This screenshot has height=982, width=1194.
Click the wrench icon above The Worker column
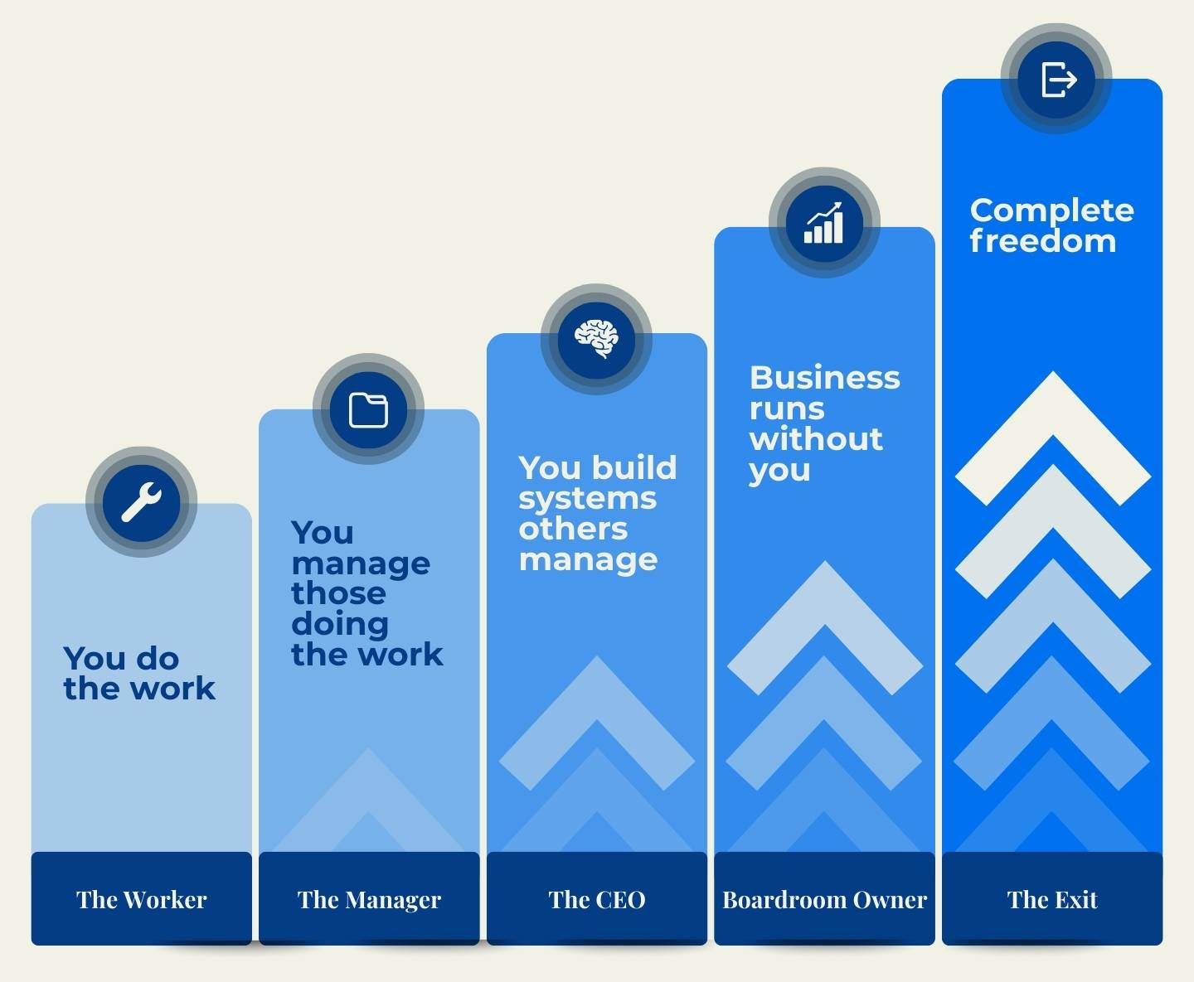(141, 501)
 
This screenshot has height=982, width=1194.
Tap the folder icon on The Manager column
(368, 409)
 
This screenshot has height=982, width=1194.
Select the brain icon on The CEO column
(596, 338)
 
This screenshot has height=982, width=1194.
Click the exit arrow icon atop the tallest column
(1059, 80)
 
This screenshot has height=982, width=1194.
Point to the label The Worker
(142, 899)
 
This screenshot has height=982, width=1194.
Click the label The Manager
(369, 900)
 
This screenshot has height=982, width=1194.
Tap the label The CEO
(597, 899)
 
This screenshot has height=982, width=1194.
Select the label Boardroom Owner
(824, 899)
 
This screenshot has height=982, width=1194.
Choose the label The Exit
(1052, 899)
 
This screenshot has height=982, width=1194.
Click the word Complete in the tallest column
(1052, 211)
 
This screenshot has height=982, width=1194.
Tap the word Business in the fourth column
(824, 378)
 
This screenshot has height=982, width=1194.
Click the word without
(816, 438)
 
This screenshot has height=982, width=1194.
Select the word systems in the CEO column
(588, 499)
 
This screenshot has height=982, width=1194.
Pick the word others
(573, 529)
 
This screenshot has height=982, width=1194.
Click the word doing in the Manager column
(340, 625)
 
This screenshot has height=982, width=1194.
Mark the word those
(338, 593)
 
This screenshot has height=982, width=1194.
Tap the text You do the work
(139, 674)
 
